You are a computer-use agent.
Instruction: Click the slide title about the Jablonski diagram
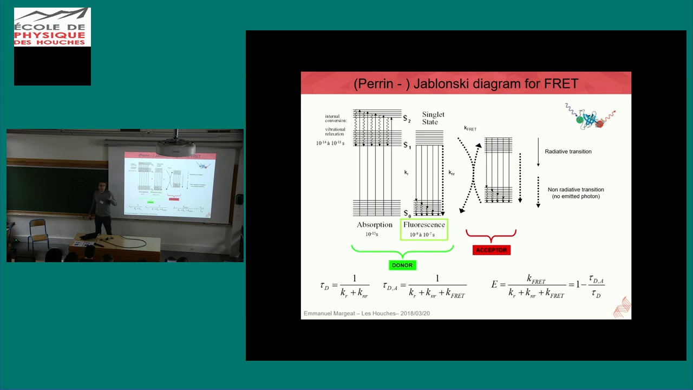click(466, 84)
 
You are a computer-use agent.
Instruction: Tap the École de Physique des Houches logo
click(52, 27)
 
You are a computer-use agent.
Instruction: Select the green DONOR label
click(402, 265)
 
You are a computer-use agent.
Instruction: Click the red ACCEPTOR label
click(491, 250)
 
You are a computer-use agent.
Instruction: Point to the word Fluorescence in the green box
click(424, 225)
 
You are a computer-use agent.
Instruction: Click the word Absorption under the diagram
click(374, 225)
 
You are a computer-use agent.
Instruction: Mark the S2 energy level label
click(407, 119)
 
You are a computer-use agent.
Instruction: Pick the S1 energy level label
click(407, 146)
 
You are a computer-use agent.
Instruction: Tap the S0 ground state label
click(407, 214)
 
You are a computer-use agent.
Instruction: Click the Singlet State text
click(433, 118)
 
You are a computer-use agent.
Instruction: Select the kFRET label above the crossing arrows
click(470, 129)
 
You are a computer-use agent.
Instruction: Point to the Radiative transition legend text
click(568, 152)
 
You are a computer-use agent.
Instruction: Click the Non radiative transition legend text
click(576, 193)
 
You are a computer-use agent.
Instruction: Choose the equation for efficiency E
click(547, 286)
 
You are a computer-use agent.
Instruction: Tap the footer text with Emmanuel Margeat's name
click(367, 314)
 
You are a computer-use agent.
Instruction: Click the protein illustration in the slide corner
click(590, 117)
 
